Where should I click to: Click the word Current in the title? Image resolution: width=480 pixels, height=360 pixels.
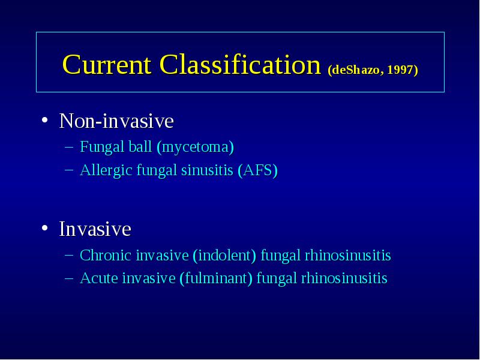107,65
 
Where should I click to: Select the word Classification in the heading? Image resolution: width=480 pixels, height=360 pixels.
240,65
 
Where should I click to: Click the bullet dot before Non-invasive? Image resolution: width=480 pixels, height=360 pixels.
45,119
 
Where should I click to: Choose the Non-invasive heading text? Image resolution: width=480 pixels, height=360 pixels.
116,121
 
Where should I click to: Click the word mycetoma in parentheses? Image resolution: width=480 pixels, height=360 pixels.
196,147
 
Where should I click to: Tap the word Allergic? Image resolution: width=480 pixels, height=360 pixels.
106,170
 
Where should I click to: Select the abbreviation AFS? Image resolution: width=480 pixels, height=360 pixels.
258,170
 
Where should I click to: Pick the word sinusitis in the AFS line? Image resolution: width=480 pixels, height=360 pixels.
207,170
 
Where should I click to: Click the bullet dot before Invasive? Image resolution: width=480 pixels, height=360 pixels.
45,228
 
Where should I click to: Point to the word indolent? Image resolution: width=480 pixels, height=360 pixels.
224,256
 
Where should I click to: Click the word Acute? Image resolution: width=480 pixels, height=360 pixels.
98,278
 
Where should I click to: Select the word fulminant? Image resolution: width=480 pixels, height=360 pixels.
216,278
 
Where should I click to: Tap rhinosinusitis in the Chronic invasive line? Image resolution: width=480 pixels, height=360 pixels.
348,256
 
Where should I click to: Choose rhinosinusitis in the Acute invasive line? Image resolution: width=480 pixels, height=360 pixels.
344,278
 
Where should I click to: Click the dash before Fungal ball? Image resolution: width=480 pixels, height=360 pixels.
69,147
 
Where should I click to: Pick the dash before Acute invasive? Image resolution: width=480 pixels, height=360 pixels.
69,278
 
